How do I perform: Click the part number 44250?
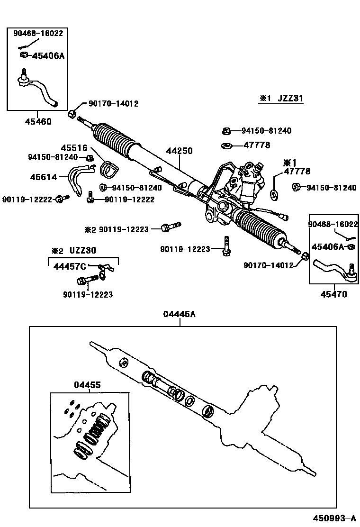click(179, 151)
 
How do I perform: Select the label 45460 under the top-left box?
click(38, 122)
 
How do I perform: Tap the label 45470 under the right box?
click(333, 294)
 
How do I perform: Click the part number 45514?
click(44, 177)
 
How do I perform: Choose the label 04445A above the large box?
click(179, 314)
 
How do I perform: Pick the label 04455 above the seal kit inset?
click(87, 385)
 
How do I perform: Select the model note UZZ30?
click(83, 250)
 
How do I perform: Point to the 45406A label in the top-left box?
click(48, 55)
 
